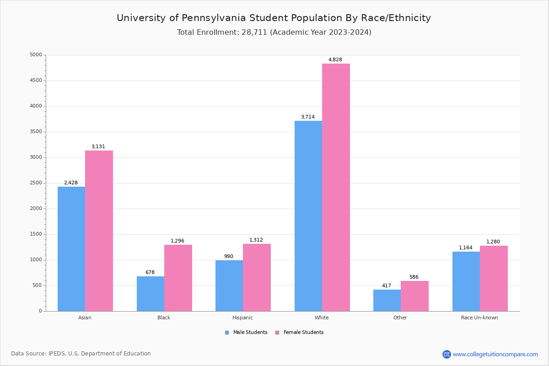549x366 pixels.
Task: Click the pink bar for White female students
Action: pyautogui.click(x=336, y=187)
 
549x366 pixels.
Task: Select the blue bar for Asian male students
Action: pyautogui.click(x=71, y=249)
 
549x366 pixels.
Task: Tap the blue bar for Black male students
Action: pyautogui.click(x=151, y=294)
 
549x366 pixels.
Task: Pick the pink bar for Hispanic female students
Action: pyautogui.click(x=257, y=277)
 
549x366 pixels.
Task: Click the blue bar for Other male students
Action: pyautogui.click(x=387, y=300)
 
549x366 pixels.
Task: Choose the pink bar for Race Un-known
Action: pyautogui.click(x=494, y=278)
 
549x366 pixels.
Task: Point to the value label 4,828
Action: pyautogui.click(x=335, y=60)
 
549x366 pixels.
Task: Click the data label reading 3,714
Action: pyautogui.click(x=307, y=117)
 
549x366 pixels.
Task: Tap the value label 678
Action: pyautogui.click(x=150, y=273)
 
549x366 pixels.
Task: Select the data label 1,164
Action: pyautogui.click(x=466, y=248)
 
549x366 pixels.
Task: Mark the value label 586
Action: pyautogui.click(x=414, y=277)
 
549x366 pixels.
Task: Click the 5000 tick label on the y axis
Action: pyautogui.click(x=35, y=55)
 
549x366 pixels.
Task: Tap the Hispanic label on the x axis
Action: pyautogui.click(x=242, y=318)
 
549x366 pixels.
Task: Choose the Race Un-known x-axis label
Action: pyautogui.click(x=479, y=318)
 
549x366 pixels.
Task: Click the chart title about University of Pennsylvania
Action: pyautogui.click(x=274, y=18)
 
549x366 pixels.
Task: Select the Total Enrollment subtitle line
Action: pyautogui.click(x=274, y=32)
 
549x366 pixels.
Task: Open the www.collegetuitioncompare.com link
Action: pyautogui.click(x=495, y=354)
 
